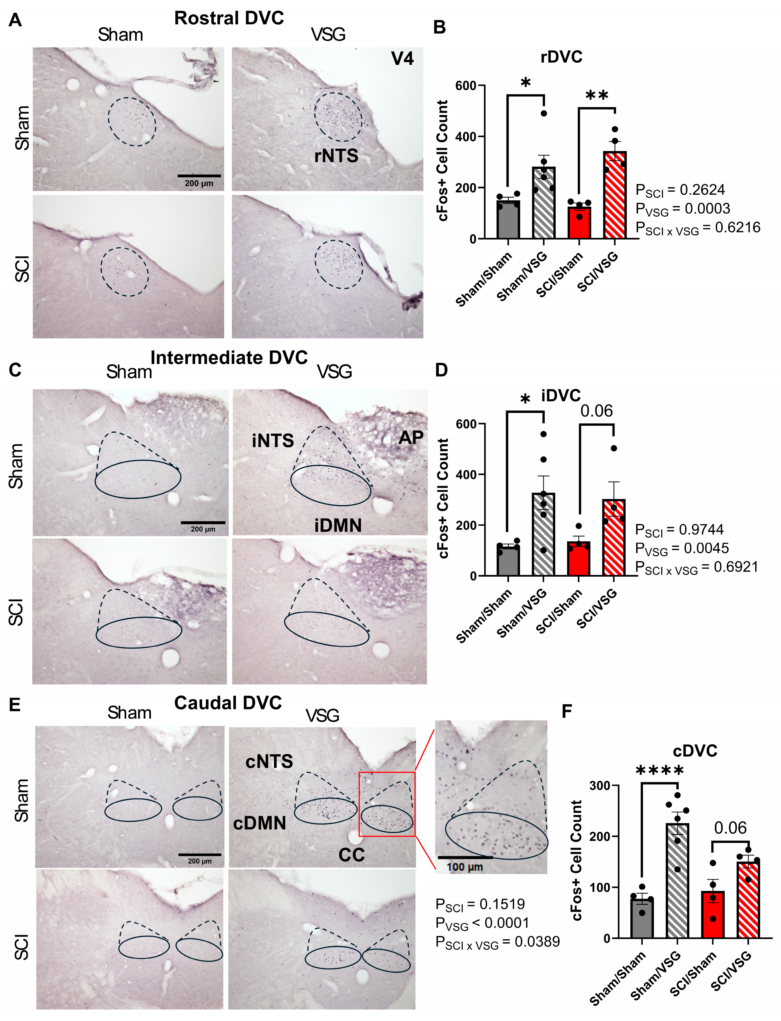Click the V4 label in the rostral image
[402, 59]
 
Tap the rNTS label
[336, 156]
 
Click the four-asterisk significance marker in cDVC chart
[659, 771]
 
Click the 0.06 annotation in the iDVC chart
[596, 411]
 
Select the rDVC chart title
[561, 57]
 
